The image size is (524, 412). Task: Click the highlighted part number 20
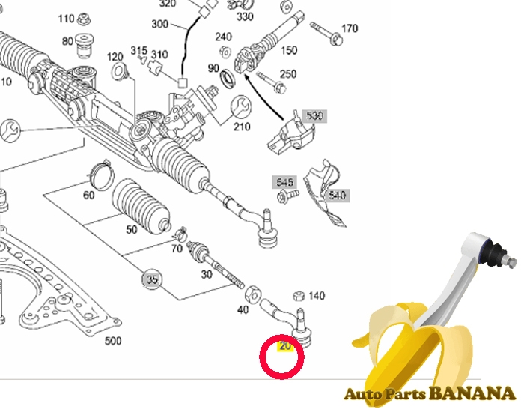(285, 346)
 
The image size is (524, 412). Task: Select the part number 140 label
(317, 296)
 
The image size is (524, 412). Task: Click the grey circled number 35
(152, 279)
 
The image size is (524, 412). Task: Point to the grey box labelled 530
(314, 115)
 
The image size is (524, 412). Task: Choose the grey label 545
(284, 182)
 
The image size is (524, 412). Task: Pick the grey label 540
(337, 195)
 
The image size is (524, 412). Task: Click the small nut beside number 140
(299, 296)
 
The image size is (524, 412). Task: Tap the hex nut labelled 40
(253, 294)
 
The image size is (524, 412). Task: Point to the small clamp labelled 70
(180, 234)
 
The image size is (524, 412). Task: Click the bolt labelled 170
(326, 34)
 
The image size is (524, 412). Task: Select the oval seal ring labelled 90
(228, 79)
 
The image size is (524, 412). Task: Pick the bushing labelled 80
(85, 46)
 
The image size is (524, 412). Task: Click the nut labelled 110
(84, 19)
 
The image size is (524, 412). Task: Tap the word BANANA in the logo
(472, 393)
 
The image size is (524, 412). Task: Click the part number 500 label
(113, 341)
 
